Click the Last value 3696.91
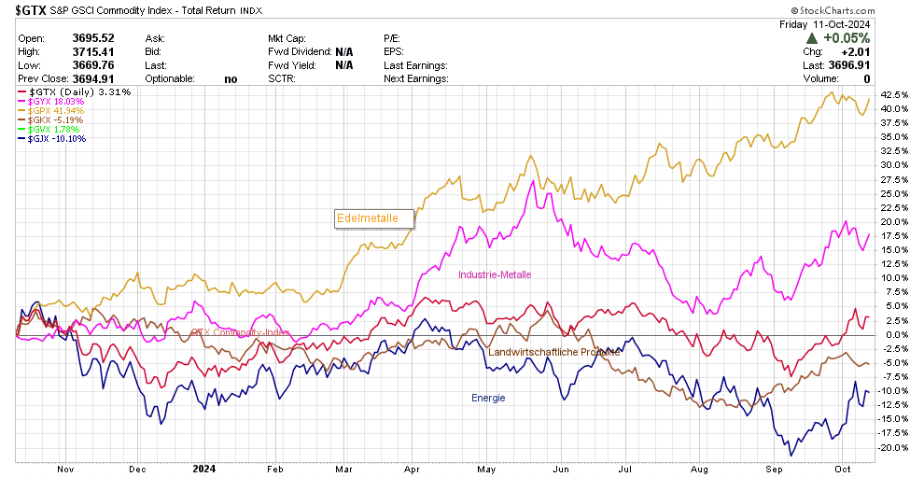point(848,65)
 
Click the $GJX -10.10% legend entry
point(58,139)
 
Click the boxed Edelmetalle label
point(373,218)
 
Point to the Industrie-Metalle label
point(495,274)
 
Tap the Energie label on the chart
point(487,398)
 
